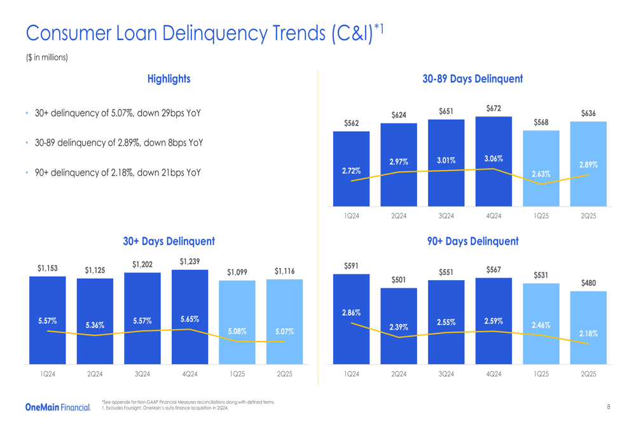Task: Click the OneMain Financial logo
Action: coord(58,407)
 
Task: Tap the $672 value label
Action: coord(494,109)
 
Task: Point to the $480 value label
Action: coord(588,283)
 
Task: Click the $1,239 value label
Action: coord(190,262)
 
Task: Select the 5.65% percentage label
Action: coord(190,319)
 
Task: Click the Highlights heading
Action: coord(169,79)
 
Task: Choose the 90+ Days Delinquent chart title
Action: coord(473,241)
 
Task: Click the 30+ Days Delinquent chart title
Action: coord(169,241)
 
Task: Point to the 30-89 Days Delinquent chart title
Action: coord(473,79)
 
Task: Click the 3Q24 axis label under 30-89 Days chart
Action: coord(446,216)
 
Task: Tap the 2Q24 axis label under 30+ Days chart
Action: coord(95,374)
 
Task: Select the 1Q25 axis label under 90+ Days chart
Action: coord(541,374)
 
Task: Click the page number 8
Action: coord(609,407)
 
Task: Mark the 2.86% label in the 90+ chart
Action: coord(351,313)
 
